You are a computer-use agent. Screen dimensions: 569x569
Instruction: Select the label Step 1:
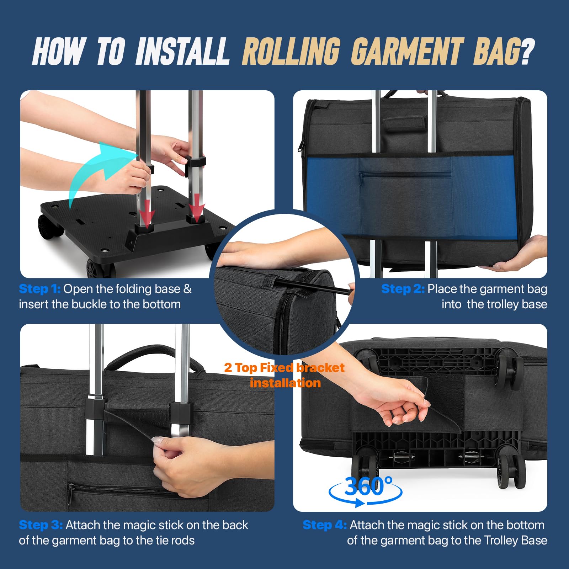click(40, 289)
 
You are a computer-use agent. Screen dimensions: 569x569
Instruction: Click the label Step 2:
click(403, 289)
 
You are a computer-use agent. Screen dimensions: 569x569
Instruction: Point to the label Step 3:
click(41, 525)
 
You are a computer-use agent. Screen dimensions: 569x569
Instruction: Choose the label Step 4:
click(325, 525)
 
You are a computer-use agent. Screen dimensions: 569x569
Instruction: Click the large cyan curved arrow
click(101, 171)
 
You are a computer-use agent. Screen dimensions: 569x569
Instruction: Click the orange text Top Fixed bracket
click(290, 368)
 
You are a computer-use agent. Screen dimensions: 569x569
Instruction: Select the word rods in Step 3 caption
click(181, 541)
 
